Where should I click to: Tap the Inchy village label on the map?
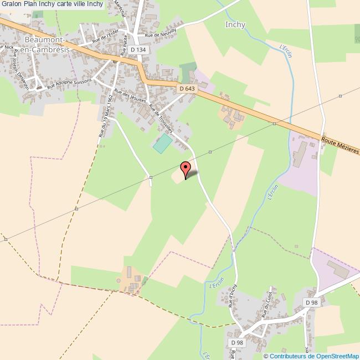(235, 24)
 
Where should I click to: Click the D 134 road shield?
(138, 50)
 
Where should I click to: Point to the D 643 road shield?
(187, 88)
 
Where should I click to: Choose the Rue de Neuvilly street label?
(161, 33)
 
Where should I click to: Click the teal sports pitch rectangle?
(162, 143)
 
